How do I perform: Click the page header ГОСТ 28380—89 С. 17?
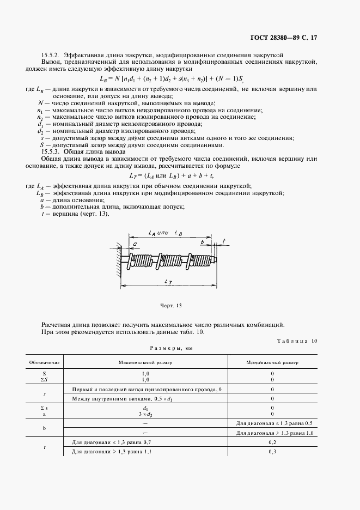coord(308,38)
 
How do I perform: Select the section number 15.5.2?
coord(51,55)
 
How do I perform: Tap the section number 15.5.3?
coord(51,152)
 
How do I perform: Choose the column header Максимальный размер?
coord(145,362)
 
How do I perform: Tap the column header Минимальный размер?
coord(272,362)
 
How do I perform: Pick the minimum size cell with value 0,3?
coord(272,452)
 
